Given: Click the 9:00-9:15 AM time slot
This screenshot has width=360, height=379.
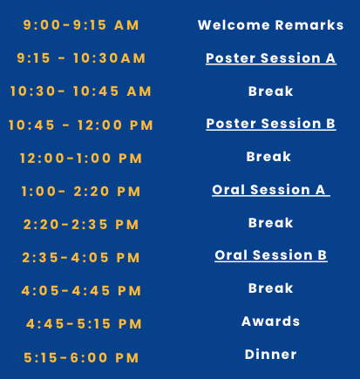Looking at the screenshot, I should (x=81, y=25).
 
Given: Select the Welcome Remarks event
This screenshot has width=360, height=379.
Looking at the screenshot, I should (x=270, y=25).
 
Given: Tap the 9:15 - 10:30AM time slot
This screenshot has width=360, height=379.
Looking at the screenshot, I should (x=81, y=58).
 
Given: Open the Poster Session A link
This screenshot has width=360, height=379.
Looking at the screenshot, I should (x=270, y=58).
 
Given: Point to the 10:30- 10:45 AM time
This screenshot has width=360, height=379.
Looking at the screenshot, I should (x=81, y=91).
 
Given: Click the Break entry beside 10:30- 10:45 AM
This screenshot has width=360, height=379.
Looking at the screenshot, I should (x=270, y=91).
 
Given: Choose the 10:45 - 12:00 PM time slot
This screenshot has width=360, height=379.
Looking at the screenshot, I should (x=81, y=125).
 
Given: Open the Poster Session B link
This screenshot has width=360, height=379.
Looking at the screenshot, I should (x=270, y=124).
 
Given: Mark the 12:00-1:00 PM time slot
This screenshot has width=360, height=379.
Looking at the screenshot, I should (x=81, y=159).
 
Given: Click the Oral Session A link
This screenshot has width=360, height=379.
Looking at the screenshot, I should (x=270, y=189).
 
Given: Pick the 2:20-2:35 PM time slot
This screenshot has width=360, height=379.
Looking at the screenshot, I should (x=81, y=225).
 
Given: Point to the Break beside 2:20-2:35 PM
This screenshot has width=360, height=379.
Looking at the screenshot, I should (x=270, y=223).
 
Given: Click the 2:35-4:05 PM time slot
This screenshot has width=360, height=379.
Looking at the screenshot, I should (x=81, y=258).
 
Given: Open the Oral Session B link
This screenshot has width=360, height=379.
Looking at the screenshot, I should (x=270, y=255).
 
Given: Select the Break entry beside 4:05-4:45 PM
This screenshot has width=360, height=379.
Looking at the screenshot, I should (x=270, y=288).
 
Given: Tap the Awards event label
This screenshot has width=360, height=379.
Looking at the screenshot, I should (x=270, y=321).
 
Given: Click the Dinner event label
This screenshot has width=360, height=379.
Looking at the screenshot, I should (x=270, y=355).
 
